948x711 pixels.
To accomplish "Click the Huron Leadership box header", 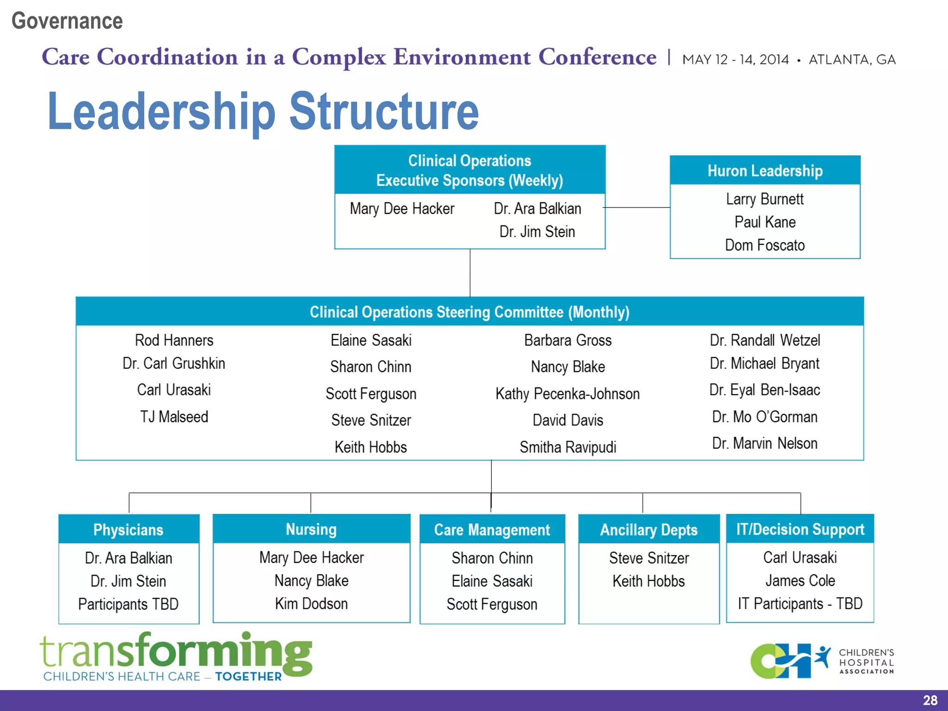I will click(765, 171).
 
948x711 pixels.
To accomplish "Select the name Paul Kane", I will click(765, 222).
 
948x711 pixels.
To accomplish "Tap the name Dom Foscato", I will click(765, 245).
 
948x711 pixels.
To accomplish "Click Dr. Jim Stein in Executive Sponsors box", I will click(537, 231).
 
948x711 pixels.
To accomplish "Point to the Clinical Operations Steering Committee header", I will click(469, 312).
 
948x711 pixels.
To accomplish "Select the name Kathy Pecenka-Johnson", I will click(568, 394).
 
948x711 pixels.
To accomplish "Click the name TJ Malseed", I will click(174, 417).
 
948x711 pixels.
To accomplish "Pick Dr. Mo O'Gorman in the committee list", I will click(765, 417).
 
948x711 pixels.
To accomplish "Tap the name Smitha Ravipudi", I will click(568, 447).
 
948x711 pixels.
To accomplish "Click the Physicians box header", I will click(128, 530).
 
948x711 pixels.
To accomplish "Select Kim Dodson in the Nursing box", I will click(311, 604).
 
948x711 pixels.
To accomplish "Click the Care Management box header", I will click(492, 530).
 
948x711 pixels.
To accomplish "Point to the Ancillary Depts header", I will click(649, 530).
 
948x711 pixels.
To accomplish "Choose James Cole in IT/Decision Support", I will click(800, 580).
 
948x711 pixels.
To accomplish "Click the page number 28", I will click(930, 700).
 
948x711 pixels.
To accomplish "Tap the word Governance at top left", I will click(67, 21).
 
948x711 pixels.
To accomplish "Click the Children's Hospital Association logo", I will click(822, 661).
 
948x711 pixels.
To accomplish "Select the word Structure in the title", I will click(384, 112).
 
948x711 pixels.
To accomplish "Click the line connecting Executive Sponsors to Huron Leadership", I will click(637, 207).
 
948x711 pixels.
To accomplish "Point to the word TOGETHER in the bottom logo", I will click(248, 677).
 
